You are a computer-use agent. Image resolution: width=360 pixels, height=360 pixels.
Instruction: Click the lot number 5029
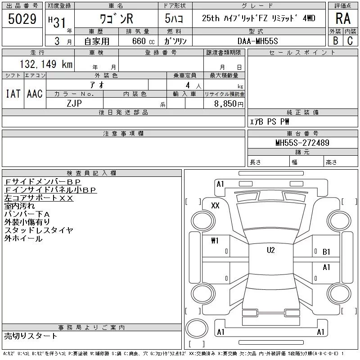pos(22,19)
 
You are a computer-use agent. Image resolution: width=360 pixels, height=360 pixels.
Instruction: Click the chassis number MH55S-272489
pos(302,143)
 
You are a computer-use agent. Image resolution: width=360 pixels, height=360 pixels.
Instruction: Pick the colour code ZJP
pos(75,103)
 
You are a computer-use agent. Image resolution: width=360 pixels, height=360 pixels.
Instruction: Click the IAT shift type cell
pos(13,94)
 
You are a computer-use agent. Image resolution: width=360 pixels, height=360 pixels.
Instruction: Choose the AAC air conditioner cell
pos(35,94)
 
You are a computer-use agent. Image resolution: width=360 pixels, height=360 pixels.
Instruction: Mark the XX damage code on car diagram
pos(215,205)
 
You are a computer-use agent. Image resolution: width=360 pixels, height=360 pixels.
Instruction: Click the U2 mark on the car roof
pos(270,250)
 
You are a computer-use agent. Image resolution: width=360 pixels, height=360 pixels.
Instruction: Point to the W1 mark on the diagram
pos(215,241)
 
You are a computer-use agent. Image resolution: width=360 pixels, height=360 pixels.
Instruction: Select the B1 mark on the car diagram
pos(326,252)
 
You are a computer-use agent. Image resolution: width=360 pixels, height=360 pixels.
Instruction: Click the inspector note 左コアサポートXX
pos(39,198)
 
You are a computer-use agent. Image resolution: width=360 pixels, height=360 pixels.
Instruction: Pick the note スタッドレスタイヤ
pos(39,230)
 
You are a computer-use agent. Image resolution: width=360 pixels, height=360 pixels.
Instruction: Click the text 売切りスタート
pos(31,336)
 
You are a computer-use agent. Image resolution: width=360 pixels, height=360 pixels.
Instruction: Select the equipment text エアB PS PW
pos(270,121)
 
